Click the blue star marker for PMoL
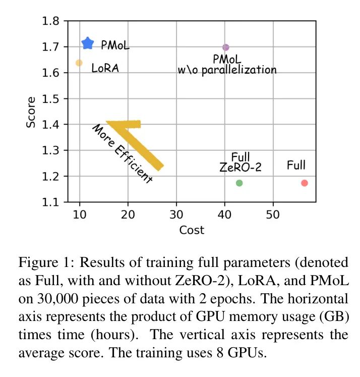88,43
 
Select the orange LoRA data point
79,63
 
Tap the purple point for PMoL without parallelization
225,47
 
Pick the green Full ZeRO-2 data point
239,183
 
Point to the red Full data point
305,183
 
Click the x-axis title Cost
192,230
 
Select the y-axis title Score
31,112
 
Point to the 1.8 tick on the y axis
52,21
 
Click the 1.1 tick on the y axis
52,202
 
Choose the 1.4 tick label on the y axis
52,125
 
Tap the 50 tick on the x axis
273,214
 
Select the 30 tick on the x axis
176,214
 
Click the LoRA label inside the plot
105,68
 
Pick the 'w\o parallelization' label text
227,70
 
